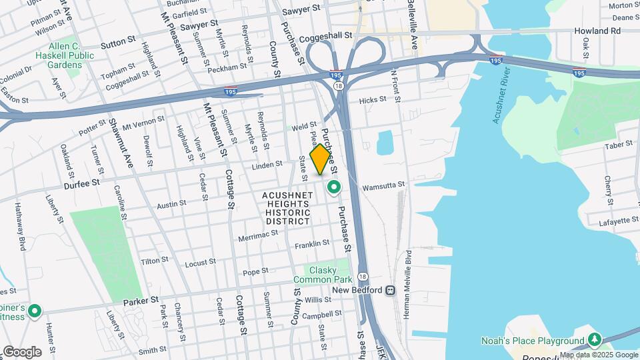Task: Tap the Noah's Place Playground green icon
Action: click(x=593, y=340)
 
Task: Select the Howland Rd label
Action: click(x=597, y=31)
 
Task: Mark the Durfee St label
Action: click(x=82, y=181)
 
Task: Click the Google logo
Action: click(x=21, y=351)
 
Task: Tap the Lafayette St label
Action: click(x=613, y=221)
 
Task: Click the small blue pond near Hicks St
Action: click(x=385, y=142)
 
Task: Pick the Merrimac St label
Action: click(x=259, y=237)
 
